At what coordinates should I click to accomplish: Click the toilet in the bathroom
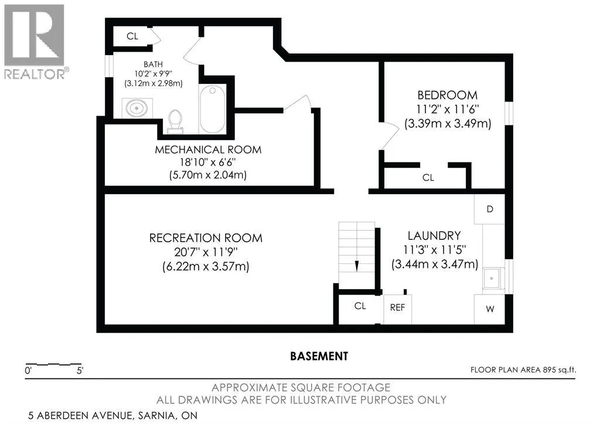point(175,121)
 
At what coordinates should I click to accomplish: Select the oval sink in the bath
point(137,108)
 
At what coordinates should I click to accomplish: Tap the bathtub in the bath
point(212,108)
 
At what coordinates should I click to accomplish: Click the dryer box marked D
point(489,209)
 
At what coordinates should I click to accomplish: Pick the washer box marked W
point(490,308)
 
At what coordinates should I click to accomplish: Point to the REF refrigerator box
point(398,307)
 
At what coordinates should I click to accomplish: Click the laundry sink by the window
point(492,279)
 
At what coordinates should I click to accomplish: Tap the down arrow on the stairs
point(357,266)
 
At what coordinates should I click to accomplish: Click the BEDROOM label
point(447,94)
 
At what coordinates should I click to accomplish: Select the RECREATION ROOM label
point(206,238)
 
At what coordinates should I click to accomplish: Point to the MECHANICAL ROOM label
point(208,150)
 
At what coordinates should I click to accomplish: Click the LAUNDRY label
point(434,235)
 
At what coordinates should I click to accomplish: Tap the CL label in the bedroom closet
point(428,178)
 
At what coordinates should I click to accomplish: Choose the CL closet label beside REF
point(360,306)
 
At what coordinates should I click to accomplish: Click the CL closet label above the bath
point(132,36)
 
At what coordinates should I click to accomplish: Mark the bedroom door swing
point(390,136)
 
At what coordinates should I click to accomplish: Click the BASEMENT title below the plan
point(319,356)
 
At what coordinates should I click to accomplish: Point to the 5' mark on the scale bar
point(80,371)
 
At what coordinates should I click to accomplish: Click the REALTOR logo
point(35,42)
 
